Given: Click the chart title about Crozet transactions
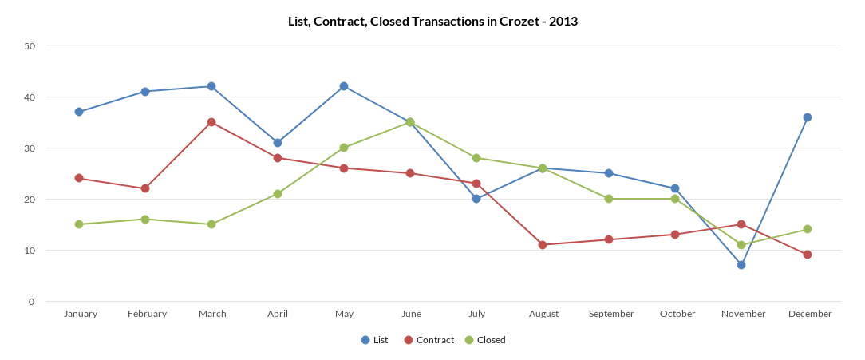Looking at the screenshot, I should pos(432,22).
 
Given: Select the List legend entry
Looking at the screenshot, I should pos(374,340).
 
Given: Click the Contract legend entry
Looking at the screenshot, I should pos(429,340).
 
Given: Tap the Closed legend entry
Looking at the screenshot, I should pos(485,340).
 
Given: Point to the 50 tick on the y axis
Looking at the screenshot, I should pos(30,46).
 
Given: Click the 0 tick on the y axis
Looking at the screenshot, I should pos(32,302).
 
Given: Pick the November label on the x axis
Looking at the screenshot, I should pos(743,314).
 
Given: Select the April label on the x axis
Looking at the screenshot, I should pos(278,314).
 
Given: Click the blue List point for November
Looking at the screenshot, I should pos(741,265).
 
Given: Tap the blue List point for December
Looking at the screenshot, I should pos(808,117).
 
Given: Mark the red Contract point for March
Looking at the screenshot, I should pos(211,122).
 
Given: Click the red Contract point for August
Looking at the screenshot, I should pos(543,245).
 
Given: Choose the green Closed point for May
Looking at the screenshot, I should pos(344,148).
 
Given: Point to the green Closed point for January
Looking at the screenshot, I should pos(79,224).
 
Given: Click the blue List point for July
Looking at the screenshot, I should pos(476,199).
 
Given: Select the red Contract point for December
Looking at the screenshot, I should pos(808,255).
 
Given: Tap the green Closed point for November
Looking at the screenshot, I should pos(741,245).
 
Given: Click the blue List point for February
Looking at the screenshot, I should pos(145,92).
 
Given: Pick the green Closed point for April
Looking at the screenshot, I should pos(278,194).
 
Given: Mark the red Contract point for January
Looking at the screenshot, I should pos(79,178).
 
